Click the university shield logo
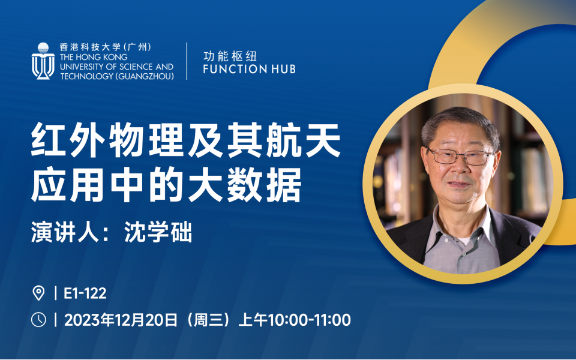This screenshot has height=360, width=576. point(43,61)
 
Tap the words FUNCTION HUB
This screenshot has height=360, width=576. point(249,69)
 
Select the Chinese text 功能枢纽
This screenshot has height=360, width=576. point(230,56)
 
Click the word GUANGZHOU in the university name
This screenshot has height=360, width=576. point(145,76)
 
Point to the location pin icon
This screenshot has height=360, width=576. point(38,293)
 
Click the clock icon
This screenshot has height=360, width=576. point(38,320)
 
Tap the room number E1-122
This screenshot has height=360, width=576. point(85,293)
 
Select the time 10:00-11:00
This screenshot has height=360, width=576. point(310,320)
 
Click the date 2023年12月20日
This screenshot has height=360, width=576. point(121,320)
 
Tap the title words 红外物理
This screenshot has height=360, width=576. point(107,140)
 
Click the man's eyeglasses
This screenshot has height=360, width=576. point(461,156)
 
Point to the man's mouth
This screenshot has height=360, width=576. point(459,184)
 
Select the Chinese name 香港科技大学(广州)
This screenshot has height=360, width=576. point(106,47)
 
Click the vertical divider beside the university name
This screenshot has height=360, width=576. point(187,61)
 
